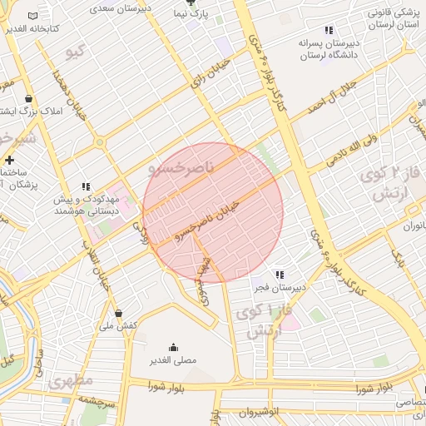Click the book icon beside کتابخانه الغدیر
[32, 17]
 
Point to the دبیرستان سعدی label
[113, 7]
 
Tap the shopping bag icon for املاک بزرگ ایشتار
[29, 98]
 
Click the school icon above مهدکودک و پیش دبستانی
[86, 187]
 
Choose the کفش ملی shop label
[117, 325]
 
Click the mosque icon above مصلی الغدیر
[173, 348]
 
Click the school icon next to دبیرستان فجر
[279, 275]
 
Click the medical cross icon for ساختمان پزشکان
[9, 160]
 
